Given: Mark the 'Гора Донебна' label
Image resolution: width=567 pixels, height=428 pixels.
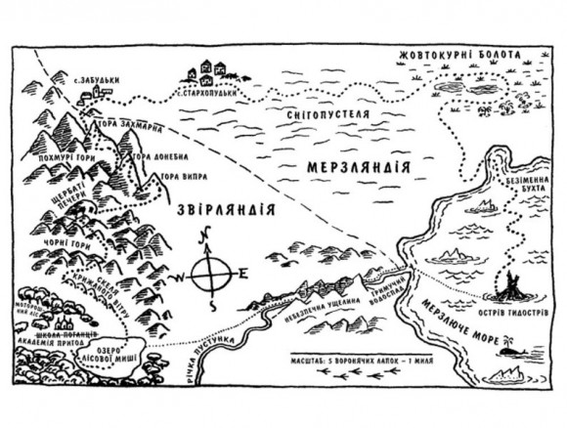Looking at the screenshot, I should point(158,156).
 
